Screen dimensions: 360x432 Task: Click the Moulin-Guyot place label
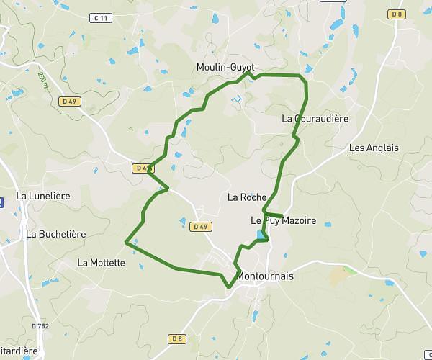(225, 67)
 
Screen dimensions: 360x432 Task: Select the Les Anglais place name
(373, 148)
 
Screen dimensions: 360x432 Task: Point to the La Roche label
(247, 197)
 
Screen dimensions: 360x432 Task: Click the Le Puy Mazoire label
(283, 220)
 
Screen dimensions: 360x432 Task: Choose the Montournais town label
(265, 276)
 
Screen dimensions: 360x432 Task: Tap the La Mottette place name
(101, 263)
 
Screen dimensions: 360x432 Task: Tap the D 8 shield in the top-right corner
(395, 14)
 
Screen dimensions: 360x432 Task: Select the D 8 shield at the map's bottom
(177, 338)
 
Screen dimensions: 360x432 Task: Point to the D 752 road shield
(40, 326)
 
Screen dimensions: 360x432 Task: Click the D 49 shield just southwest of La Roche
(201, 227)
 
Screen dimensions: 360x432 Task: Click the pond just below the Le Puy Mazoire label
(259, 235)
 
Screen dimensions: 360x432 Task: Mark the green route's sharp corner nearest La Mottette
(127, 243)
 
